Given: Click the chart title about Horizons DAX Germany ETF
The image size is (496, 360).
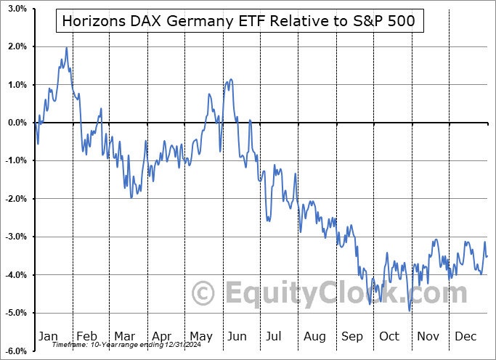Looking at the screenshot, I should (238, 21).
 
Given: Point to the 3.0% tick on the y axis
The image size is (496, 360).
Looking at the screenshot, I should (17, 9).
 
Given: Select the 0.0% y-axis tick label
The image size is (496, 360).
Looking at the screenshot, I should (17, 123).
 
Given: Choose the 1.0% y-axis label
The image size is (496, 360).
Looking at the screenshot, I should (17, 85).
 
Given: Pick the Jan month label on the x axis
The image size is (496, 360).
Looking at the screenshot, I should (48, 336).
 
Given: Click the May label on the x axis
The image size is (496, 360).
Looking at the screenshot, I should (200, 336).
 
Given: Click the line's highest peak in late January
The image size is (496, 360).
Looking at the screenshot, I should (67, 48).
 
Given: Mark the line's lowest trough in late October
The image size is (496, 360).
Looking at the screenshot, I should (410, 311).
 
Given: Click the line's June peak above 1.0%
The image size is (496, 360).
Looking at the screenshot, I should (230, 79).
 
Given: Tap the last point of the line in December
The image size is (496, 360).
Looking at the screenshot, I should (487, 255).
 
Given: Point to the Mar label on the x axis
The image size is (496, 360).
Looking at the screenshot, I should (125, 336).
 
